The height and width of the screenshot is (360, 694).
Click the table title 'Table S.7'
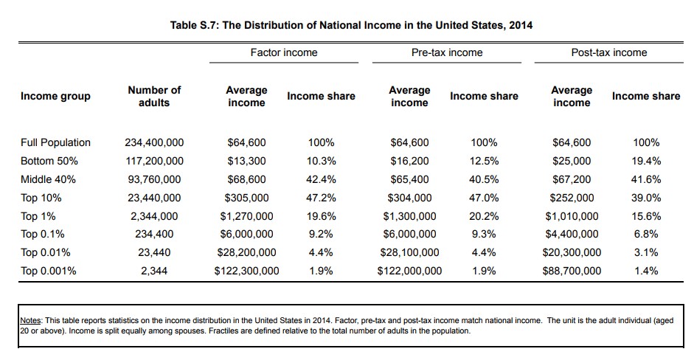coord(351,25)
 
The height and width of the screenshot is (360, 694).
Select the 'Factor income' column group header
coord(284,52)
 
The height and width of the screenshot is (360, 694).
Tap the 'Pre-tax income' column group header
coord(447,52)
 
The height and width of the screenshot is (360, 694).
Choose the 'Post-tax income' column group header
coord(609,52)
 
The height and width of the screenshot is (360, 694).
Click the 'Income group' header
coord(56,96)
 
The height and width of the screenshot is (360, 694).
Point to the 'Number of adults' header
coord(154,96)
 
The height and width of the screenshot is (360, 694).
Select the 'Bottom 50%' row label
coord(49,161)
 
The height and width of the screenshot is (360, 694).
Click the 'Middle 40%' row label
coord(48,179)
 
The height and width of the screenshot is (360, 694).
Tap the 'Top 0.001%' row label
coord(49,271)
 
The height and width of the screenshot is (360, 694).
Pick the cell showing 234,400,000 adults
coord(154,142)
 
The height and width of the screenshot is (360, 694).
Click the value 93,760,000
coord(154,179)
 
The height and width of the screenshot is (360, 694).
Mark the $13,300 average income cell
coord(246,161)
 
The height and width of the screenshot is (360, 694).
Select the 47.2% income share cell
coord(321,198)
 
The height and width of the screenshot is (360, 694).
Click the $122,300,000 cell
coord(246,271)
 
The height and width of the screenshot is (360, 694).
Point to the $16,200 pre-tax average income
coord(409,161)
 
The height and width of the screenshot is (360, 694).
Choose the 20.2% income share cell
coord(484,216)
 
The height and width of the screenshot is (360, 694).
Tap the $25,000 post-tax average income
coord(572,161)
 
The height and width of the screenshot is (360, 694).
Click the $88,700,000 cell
coord(572,271)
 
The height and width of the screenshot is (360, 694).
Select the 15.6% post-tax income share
coord(647,216)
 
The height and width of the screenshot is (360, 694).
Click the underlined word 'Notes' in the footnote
coord(30,321)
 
